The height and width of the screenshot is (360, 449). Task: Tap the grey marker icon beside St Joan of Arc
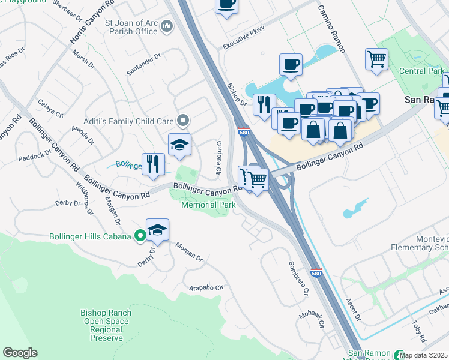click(x=167, y=26)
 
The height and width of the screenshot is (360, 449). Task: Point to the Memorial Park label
click(x=208, y=205)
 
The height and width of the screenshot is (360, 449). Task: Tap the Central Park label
click(x=422, y=71)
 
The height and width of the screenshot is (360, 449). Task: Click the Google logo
click(x=20, y=353)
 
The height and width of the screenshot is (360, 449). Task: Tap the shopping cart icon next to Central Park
click(x=376, y=59)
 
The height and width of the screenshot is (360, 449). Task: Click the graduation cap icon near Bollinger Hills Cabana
click(x=157, y=230)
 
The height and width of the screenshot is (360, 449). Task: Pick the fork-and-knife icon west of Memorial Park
click(x=153, y=164)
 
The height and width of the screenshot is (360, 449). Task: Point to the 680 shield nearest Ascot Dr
click(x=316, y=273)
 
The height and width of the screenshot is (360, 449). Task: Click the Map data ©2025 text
click(x=424, y=355)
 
